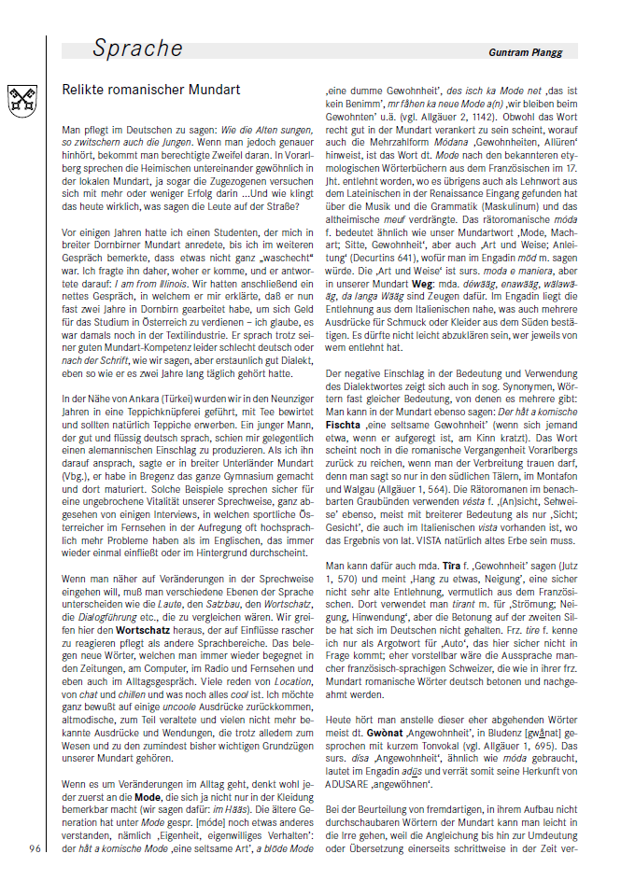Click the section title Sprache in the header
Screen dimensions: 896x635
point(137,49)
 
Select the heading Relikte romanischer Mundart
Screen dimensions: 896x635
point(151,91)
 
